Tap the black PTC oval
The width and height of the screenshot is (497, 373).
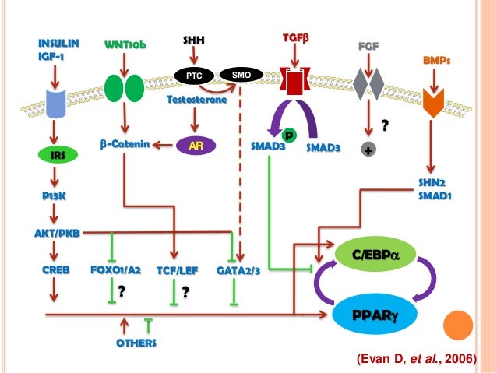194,76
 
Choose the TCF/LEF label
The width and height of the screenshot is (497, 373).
176,269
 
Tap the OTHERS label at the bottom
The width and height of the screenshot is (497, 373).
135,342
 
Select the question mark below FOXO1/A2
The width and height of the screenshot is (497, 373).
122,292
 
